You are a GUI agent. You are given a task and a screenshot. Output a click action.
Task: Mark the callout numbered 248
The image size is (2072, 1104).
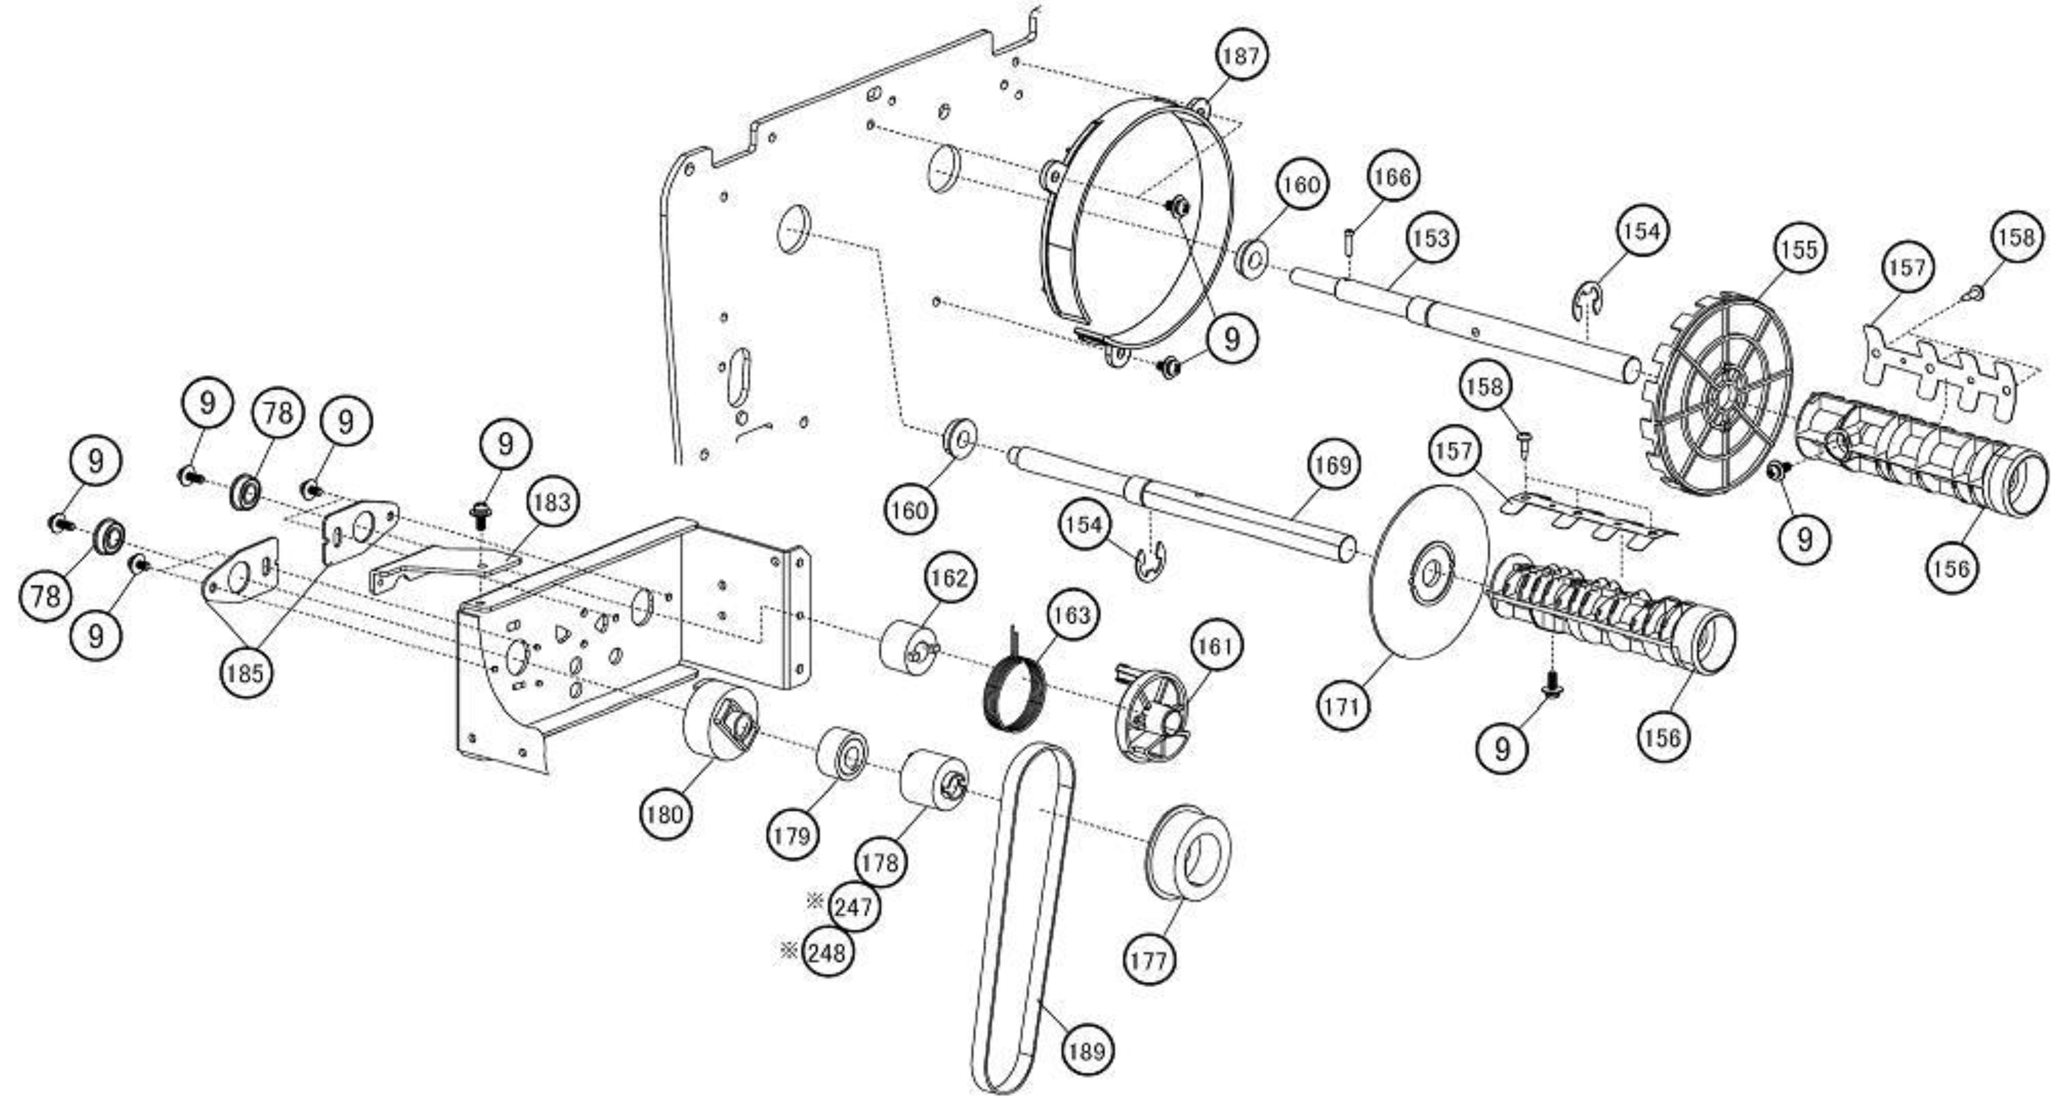coord(828,953)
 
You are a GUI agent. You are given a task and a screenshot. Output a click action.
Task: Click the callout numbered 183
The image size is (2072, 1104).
coord(552,502)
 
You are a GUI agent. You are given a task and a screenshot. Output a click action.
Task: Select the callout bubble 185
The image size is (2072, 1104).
coord(245,672)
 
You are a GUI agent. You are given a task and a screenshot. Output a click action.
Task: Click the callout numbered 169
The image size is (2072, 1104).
coord(1334,465)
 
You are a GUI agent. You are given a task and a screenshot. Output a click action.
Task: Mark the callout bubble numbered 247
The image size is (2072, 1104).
coord(854,907)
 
